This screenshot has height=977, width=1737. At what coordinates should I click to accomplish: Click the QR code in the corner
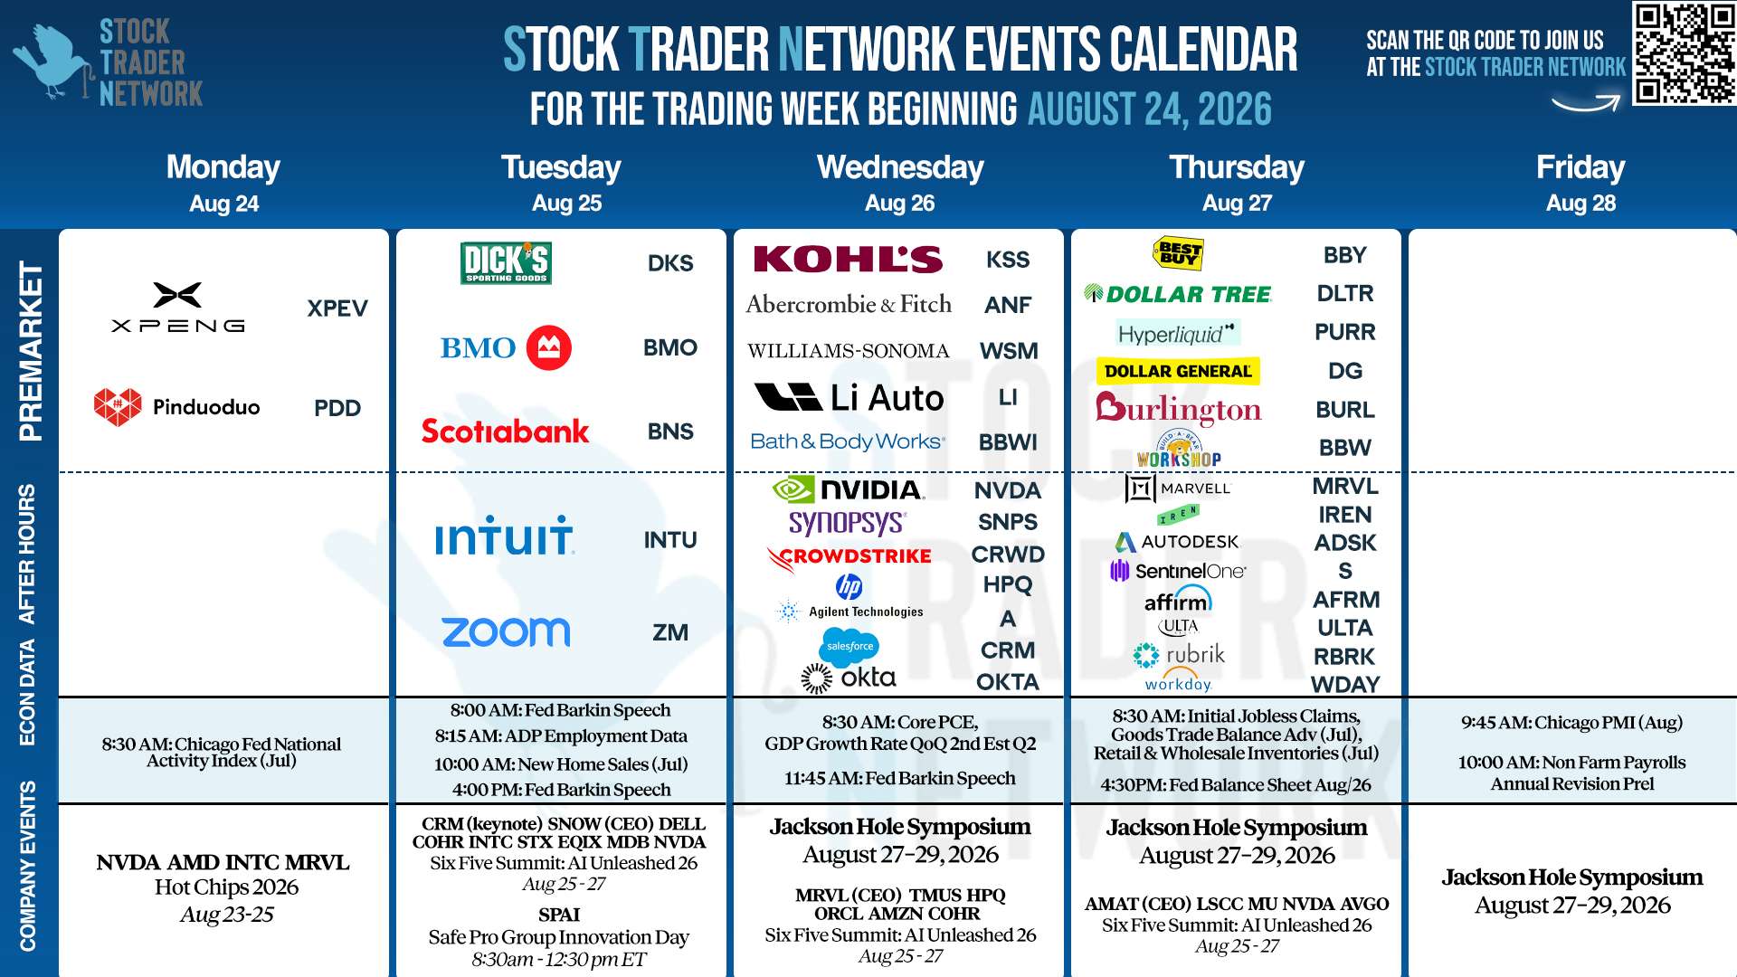click(1684, 53)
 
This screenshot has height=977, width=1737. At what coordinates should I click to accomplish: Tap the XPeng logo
click(178, 308)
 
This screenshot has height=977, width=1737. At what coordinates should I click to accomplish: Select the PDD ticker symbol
click(337, 408)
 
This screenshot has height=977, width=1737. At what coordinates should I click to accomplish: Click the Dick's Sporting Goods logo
click(506, 263)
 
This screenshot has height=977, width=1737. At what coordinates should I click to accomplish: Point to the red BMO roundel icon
click(549, 347)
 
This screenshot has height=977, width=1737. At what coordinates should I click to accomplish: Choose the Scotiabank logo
click(505, 431)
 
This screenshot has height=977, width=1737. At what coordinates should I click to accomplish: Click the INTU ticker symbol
click(670, 540)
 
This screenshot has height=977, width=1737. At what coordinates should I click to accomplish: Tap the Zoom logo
click(506, 631)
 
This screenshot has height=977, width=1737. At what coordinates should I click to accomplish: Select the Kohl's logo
click(848, 260)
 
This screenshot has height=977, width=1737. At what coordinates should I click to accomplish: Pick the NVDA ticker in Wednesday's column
click(1008, 490)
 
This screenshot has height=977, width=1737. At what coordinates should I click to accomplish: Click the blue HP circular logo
click(849, 586)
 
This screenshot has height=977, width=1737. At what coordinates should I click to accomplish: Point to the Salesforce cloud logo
click(849, 646)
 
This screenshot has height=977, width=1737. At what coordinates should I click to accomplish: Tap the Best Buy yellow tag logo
click(1179, 252)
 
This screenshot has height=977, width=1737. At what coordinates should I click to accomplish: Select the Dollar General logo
click(1178, 371)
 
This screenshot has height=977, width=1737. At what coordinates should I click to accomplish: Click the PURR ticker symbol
click(1344, 332)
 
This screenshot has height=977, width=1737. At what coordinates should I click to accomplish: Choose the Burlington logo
click(1178, 410)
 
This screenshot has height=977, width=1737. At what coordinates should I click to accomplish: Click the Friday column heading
click(1580, 167)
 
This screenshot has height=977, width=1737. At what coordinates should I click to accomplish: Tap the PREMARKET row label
click(30, 351)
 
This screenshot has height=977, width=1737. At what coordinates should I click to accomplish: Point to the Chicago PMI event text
click(1571, 723)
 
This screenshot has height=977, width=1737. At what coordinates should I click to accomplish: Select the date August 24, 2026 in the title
click(1149, 109)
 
